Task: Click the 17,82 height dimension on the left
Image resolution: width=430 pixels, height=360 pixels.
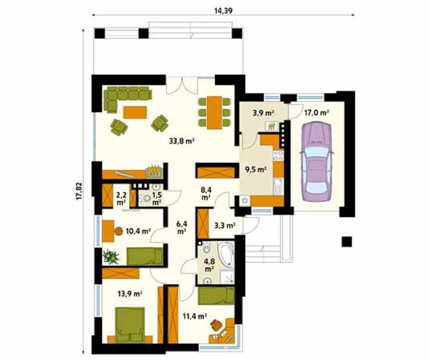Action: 78,190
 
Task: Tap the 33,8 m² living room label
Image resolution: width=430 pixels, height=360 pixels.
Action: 181,140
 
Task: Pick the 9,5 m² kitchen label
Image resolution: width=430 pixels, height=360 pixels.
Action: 256,170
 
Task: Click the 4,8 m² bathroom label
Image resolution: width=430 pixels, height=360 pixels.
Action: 207,265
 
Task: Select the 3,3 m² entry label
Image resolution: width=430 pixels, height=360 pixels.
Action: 224,225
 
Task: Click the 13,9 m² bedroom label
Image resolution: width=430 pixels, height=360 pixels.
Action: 130,294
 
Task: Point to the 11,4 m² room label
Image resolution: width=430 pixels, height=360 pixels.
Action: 195,316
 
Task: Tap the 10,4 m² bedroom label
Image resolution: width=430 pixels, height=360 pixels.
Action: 138,231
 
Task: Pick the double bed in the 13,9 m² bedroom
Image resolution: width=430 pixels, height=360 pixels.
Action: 131,326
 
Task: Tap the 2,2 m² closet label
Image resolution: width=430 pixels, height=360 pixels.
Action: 121,198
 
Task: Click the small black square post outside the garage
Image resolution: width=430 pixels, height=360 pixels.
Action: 347,242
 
